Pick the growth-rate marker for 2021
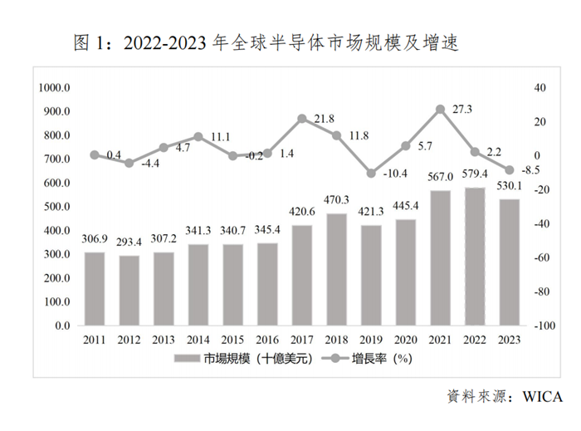tap(440, 109)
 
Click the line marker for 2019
tap(371, 174)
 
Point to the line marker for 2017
tap(302, 119)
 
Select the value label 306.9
tap(95, 239)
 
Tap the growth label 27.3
tap(461, 108)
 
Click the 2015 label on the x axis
tap(233, 339)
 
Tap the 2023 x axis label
tap(509, 339)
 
